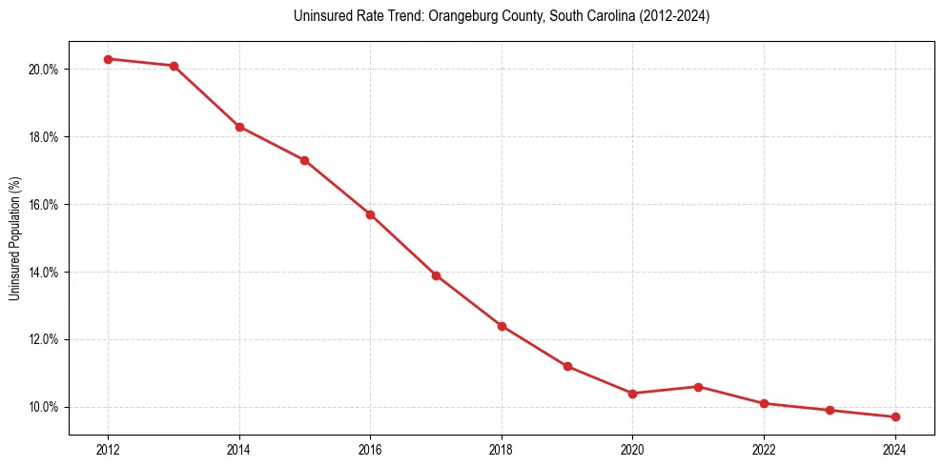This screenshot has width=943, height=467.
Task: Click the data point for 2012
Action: [109, 59]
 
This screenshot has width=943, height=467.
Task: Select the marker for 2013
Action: [174, 66]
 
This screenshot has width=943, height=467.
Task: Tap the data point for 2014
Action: [239, 127]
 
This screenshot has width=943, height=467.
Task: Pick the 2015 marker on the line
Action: [304, 160]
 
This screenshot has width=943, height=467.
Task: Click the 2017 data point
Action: [436, 275]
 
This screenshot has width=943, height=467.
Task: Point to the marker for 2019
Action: [567, 366]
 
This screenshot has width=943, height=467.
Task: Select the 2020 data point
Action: [632, 394]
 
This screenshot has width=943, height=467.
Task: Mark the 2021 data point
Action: [698, 387]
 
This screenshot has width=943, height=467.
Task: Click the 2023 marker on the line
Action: [830, 410]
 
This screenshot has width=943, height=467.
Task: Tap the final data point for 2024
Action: [895, 416]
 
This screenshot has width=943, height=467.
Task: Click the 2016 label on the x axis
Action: [370, 450]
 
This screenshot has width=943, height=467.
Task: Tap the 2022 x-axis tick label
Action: [764, 450]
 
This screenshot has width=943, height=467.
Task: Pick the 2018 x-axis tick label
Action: [502, 450]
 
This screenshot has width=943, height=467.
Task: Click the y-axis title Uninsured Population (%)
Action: [14, 238]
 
